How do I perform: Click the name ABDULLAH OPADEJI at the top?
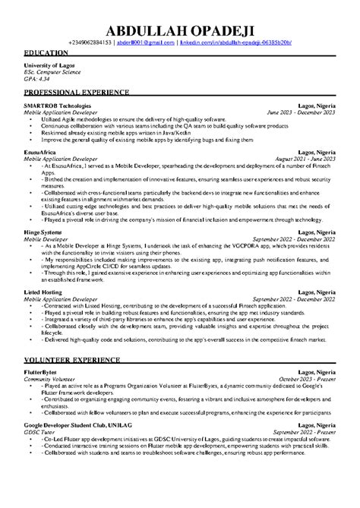click(179, 29)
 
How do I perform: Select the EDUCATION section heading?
click(49, 55)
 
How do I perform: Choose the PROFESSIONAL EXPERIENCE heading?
click(77, 92)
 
